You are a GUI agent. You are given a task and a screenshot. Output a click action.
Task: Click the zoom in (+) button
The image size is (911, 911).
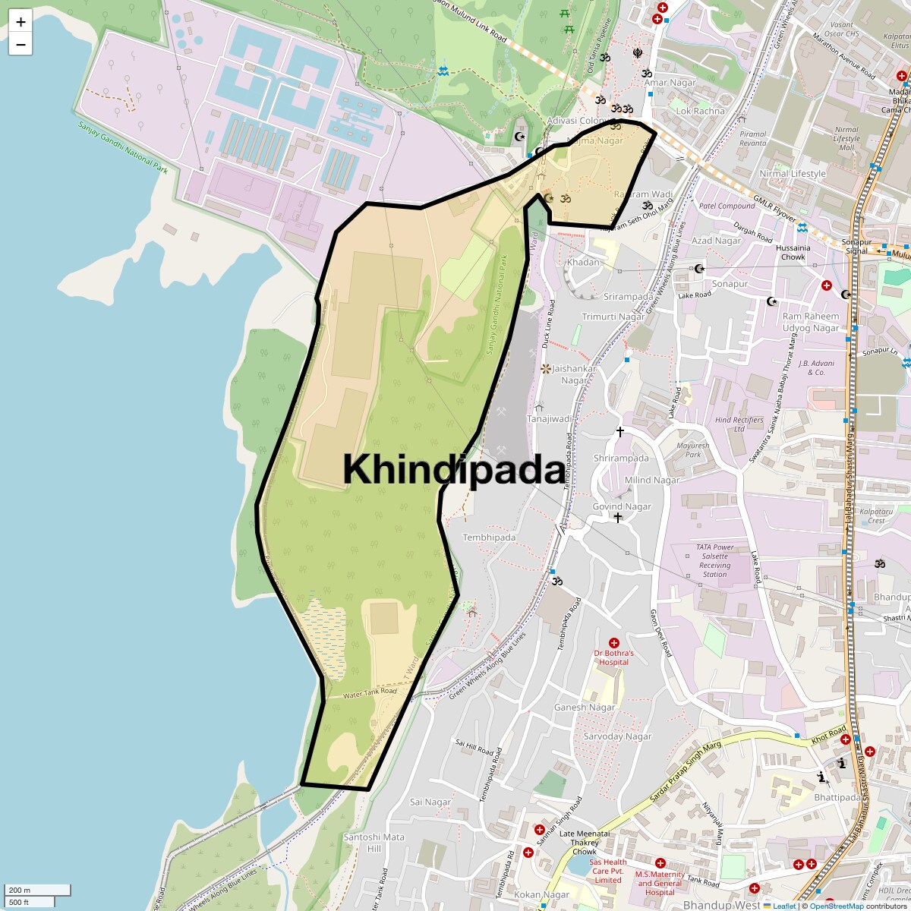(x=20, y=22)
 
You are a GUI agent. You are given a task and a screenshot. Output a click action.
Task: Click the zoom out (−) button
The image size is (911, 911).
(x=20, y=45)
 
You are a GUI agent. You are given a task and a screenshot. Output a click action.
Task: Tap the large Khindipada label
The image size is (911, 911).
(x=454, y=470)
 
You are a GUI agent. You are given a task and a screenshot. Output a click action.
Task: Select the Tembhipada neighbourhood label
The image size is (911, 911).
(x=489, y=537)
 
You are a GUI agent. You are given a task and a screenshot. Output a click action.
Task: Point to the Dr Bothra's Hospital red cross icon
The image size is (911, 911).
(x=614, y=643)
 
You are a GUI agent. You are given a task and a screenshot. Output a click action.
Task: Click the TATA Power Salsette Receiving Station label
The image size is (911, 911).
(x=714, y=560)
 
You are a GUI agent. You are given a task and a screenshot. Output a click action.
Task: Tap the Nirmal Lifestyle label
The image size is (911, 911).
(x=793, y=174)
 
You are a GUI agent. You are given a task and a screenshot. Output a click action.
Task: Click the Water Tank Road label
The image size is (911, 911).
(x=370, y=692)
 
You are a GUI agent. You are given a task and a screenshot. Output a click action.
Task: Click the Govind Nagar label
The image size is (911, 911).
(x=622, y=506)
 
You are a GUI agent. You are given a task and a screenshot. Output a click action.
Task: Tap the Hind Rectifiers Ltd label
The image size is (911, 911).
(x=739, y=424)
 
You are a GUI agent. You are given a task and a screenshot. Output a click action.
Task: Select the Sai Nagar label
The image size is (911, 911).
(x=430, y=802)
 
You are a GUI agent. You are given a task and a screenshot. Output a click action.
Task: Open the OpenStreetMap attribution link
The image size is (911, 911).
(x=837, y=906)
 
